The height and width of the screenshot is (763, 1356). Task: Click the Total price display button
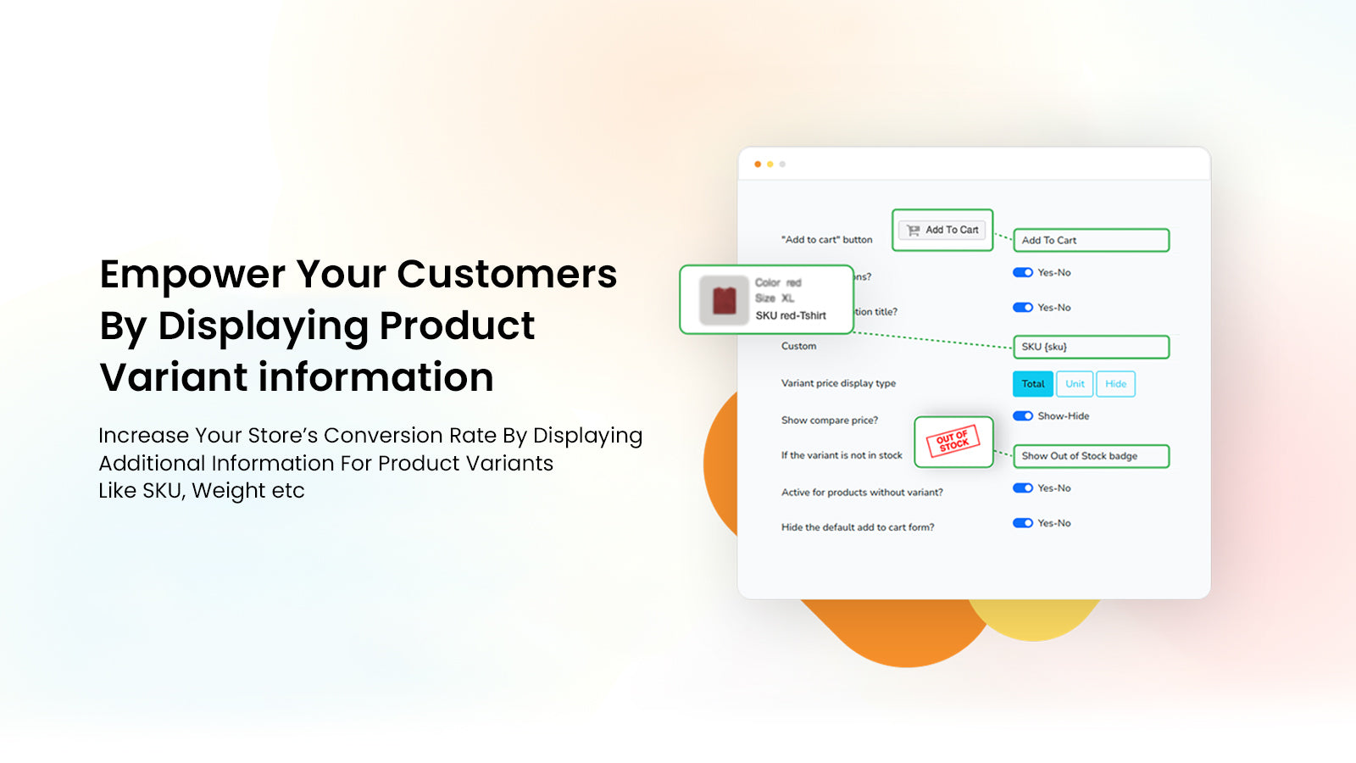[x=1032, y=384]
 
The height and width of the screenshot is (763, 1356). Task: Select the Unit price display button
[x=1075, y=384]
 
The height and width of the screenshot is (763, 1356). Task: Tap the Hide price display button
[x=1115, y=384]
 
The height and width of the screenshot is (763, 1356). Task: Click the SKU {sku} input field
[x=1091, y=347]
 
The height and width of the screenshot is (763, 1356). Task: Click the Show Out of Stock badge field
[x=1091, y=456]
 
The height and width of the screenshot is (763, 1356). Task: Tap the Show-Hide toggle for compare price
[x=1023, y=416]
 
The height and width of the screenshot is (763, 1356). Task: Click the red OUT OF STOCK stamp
[x=953, y=441]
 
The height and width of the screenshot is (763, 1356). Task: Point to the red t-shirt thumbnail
[x=724, y=300]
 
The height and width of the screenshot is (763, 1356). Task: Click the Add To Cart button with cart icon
[x=942, y=230]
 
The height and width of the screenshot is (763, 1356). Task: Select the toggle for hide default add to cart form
[x=1023, y=523]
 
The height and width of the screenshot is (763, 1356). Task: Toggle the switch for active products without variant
[x=1023, y=488]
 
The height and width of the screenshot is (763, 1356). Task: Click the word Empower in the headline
[x=192, y=275]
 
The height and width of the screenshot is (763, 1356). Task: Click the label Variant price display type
[x=838, y=383]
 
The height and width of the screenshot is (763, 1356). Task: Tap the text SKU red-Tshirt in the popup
[x=791, y=315]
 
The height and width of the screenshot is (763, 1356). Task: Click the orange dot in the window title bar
[x=758, y=164]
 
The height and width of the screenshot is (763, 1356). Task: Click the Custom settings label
[x=798, y=346]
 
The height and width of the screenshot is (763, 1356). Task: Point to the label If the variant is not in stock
[x=842, y=455]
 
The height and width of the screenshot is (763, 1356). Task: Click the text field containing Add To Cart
[x=1091, y=241]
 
